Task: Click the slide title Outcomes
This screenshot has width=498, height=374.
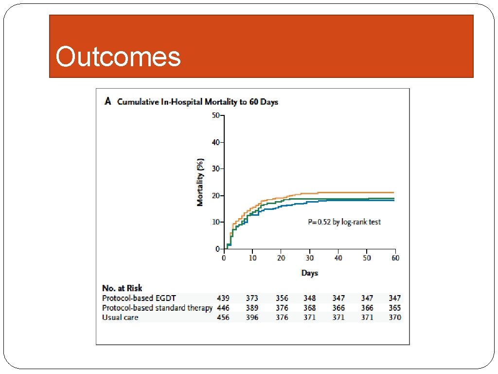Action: [x=118, y=56]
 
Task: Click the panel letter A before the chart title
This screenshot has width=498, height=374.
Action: [x=107, y=101]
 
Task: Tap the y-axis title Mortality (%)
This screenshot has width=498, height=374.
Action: [x=200, y=182]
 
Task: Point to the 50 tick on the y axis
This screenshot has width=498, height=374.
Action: [x=215, y=115]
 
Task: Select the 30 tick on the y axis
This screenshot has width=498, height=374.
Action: [x=215, y=168]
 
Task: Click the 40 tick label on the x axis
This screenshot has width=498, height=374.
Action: [x=338, y=258]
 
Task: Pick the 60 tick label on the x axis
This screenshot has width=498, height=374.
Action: [x=395, y=258]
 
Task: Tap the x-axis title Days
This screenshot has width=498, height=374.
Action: [x=309, y=273]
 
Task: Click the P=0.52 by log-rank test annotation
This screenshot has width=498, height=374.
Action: [x=344, y=222]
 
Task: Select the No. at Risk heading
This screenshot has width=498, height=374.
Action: [x=122, y=288]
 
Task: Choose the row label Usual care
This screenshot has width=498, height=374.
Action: [x=120, y=318]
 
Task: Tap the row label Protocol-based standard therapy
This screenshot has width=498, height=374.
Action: [x=157, y=308]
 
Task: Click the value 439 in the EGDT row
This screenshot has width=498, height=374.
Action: [x=223, y=298]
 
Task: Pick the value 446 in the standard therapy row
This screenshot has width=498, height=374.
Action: [x=223, y=308]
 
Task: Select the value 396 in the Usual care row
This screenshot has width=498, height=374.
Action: [x=252, y=318]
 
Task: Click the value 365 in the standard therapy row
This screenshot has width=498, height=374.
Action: [x=395, y=308]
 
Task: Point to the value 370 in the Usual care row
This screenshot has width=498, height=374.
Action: [x=395, y=318]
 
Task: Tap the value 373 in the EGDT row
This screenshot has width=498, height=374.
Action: [x=252, y=298]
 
